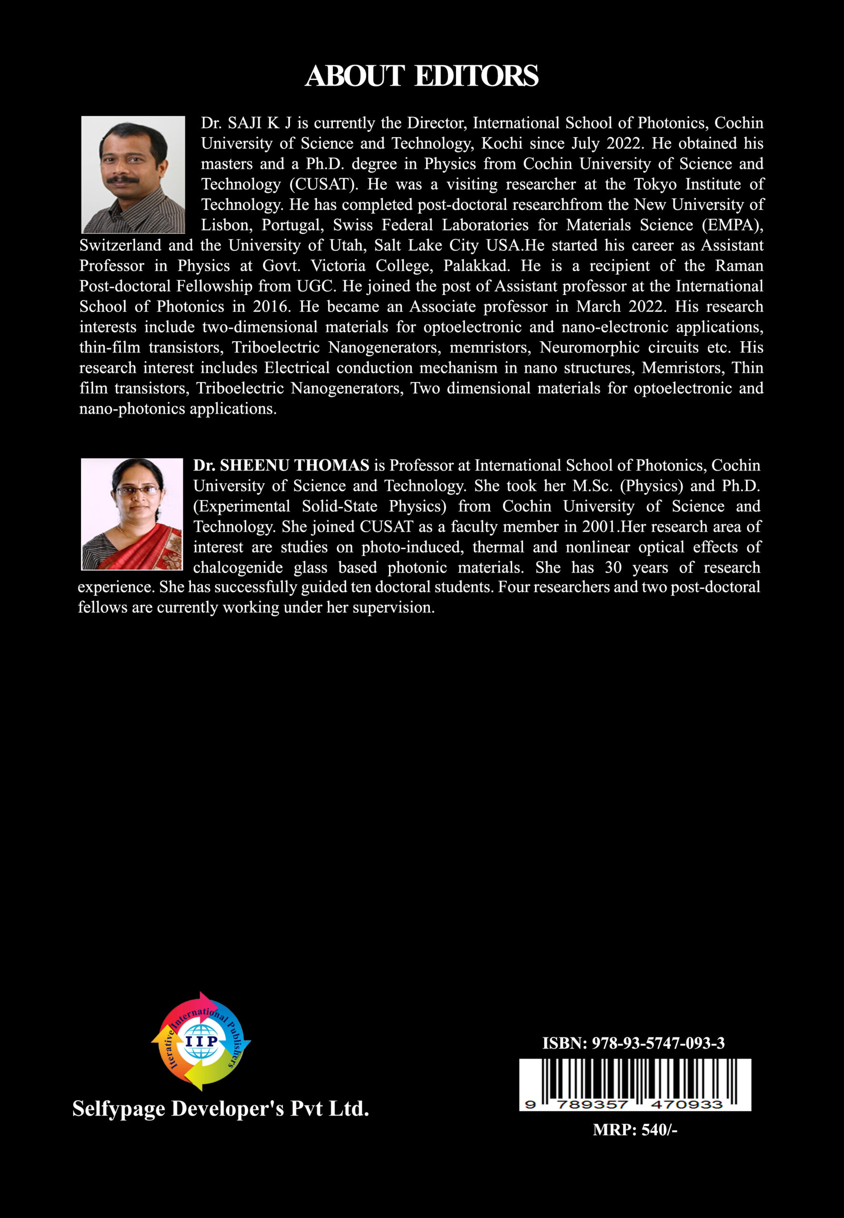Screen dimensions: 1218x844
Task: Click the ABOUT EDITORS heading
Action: click(x=421, y=76)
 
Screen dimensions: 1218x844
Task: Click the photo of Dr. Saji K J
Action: click(x=133, y=175)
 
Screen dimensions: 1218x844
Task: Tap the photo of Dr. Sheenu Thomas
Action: click(x=132, y=514)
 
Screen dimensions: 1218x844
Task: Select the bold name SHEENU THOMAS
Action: click(x=294, y=465)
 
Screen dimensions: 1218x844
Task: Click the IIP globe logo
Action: click(x=201, y=1041)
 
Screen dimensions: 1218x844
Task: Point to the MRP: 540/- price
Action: click(x=635, y=1130)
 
